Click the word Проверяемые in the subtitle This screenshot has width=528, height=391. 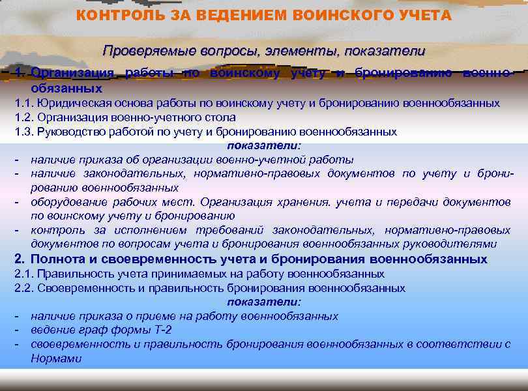pos(144,50)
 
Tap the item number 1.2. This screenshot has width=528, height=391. pos(23,117)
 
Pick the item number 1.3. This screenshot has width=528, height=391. pos(23,132)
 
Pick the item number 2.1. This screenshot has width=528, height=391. pos(23,274)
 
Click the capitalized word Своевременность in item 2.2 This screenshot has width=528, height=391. pos(80,288)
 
